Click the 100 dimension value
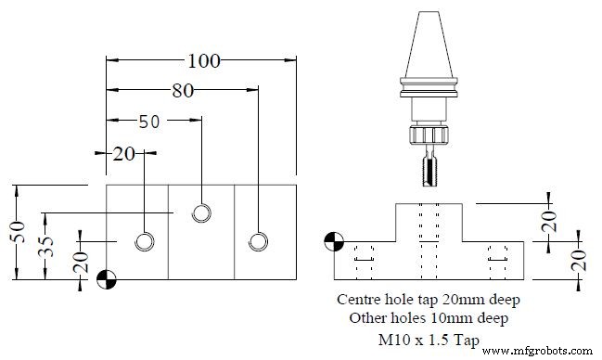point(203,62)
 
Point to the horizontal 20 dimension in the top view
point(125,153)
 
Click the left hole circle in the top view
point(145,241)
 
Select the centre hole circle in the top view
point(201,212)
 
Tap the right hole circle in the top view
point(258,241)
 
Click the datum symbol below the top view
point(107,278)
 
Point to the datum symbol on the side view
point(333,243)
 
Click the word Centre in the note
point(363,300)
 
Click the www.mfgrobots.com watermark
point(543,351)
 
